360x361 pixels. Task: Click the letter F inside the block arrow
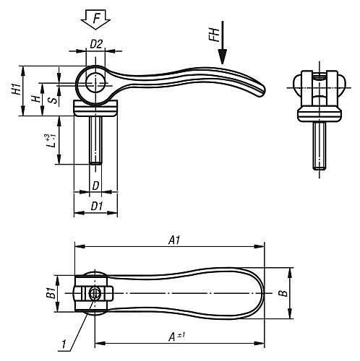(x=96, y=18)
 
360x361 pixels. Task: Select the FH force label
(x=214, y=35)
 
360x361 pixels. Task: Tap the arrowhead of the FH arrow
(x=223, y=56)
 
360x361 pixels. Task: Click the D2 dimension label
(x=96, y=44)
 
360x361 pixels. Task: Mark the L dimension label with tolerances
(x=51, y=141)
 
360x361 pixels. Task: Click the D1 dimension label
(x=97, y=206)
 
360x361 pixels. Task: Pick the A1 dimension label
(x=174, y=240)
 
